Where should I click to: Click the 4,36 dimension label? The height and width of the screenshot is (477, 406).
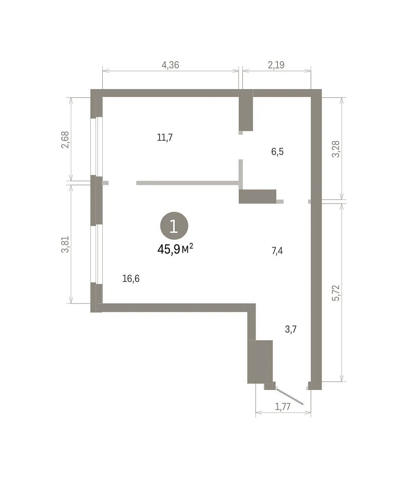click(x=170, y=65)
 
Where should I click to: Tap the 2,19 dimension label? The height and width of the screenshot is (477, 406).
click(x=276, y=65)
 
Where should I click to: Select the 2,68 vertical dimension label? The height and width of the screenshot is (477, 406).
click(x=65, y=140)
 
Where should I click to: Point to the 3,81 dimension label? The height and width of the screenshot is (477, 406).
click(x=65, y=244)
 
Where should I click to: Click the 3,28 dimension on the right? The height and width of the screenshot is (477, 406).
click(x=336, y=149)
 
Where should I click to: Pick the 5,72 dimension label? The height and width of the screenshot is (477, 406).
click(x=336, y=293)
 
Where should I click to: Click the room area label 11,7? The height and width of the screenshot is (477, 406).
click(x=165, y=137)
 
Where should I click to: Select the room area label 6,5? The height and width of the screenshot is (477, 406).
click(x=277, y=151)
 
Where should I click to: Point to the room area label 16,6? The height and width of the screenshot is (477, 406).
click(x=131, y=279)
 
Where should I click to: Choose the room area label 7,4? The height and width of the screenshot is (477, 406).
click(x=277, y=250)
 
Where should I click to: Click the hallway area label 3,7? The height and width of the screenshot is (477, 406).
click(x=291, y=329)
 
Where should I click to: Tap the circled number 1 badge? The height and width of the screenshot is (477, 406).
click(x=174, y=226)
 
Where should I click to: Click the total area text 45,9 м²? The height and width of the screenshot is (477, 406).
click(x=175, y=249)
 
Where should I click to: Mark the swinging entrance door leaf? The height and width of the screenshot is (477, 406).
click(x=290, y=397)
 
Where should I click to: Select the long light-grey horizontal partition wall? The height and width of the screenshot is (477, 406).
click(x=187, y=183)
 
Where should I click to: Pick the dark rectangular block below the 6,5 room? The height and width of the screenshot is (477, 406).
click(x=258, y=196)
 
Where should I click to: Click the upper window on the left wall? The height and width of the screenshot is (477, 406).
click(x=96, y=146)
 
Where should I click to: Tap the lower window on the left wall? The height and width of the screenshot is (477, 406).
click(x=96, y=254)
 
